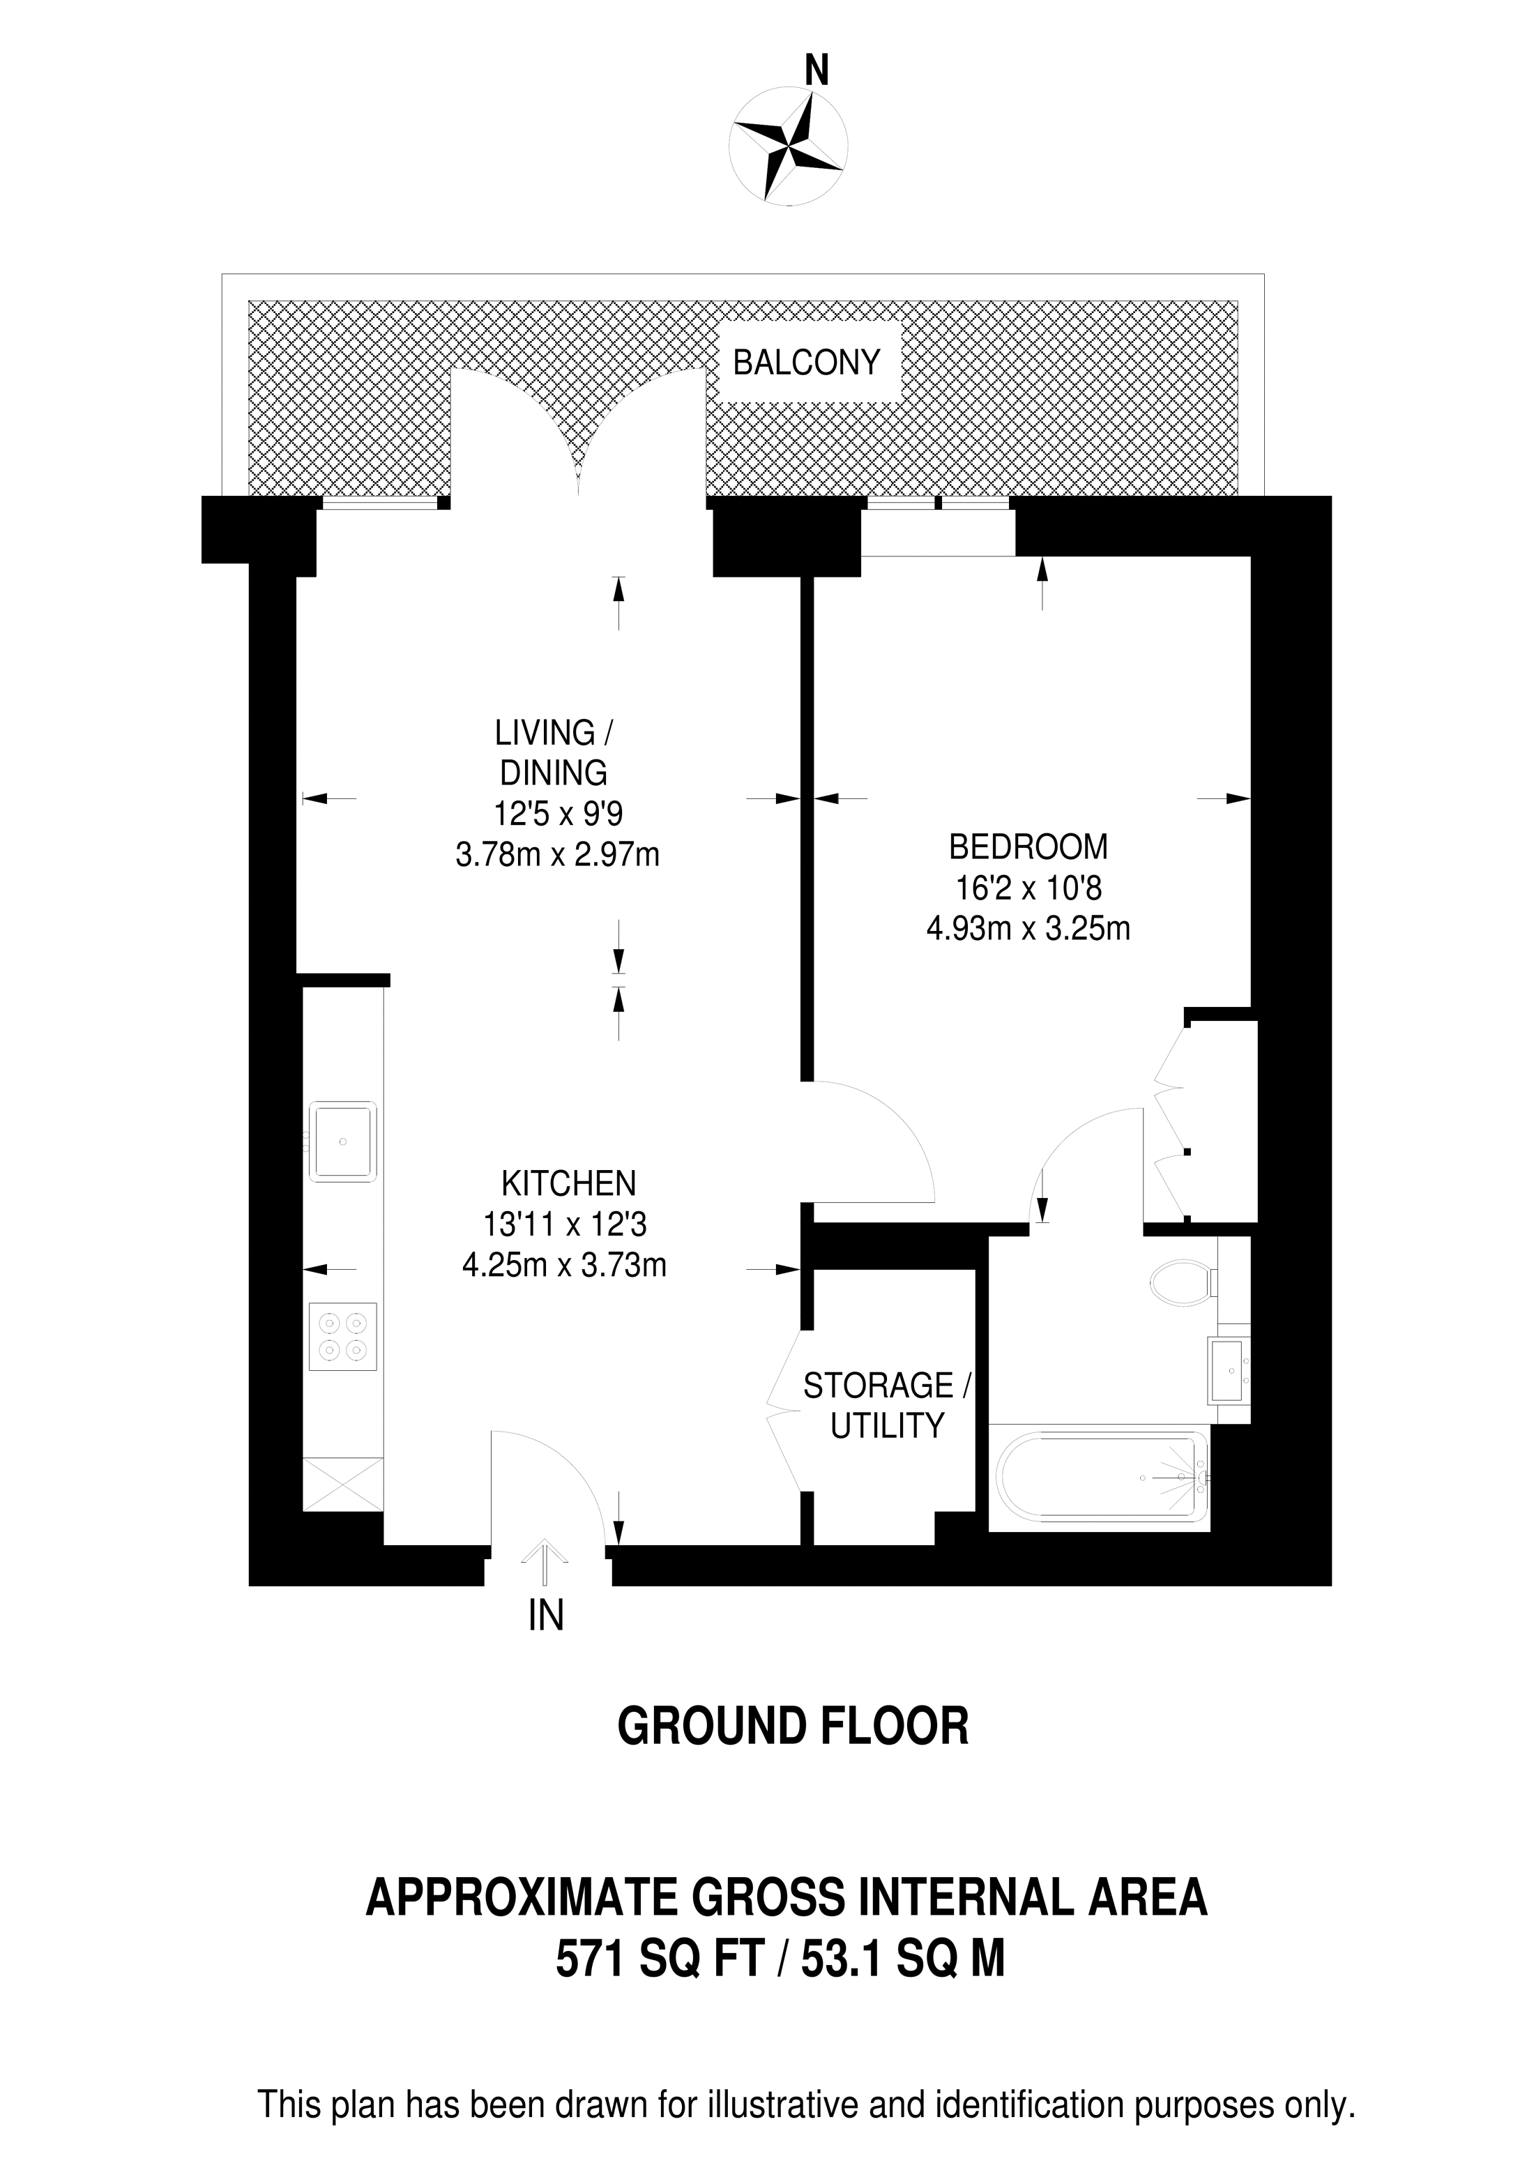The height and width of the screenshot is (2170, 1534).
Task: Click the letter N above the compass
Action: [816, 71]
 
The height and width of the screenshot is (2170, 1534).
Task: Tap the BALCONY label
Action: [806, 363]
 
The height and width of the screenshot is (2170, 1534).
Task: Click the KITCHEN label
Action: [568, 1183]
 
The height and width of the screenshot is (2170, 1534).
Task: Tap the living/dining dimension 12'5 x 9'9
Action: [558, 814]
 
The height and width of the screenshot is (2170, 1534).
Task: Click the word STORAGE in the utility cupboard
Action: [877, 1386]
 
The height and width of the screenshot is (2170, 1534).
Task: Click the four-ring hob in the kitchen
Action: [342, 1337]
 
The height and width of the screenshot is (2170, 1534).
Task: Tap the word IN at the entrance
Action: [545, 1616]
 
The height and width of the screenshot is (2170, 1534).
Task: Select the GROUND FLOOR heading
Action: [792, 1727]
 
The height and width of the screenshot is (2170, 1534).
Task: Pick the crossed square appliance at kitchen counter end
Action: [342, 1484]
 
